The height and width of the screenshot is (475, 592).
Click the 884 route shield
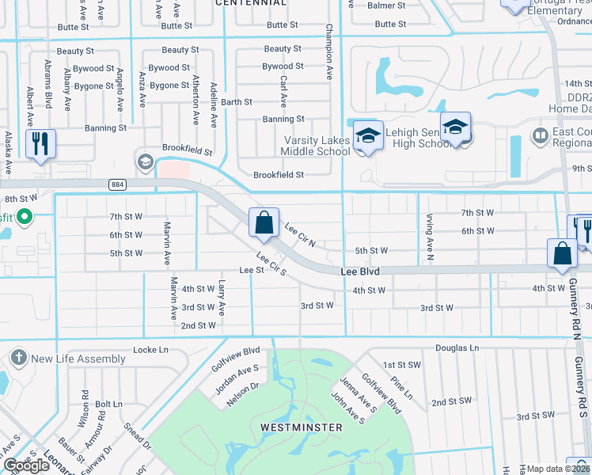click(x=118, y=184)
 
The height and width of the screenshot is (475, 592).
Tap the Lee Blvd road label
click(x=360, y=272)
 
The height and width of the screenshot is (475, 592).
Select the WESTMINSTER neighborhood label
click(x=302, y=427)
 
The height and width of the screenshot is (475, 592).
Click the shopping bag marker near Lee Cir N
click(x=264, y=222)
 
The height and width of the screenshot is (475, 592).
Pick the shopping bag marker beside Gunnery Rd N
click(x=562, y=253)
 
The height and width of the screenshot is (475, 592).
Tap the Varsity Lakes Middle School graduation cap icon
click(x=367, y=135)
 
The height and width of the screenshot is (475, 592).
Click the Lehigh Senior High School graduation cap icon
click(x=456, y=128)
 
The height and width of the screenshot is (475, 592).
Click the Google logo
click(x=27, y=465)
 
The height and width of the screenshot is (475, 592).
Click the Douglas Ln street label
click(x=457, y=348)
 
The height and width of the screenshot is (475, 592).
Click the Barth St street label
click(x=237, y=102)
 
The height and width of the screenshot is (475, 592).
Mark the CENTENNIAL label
click(x=251, y=3)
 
